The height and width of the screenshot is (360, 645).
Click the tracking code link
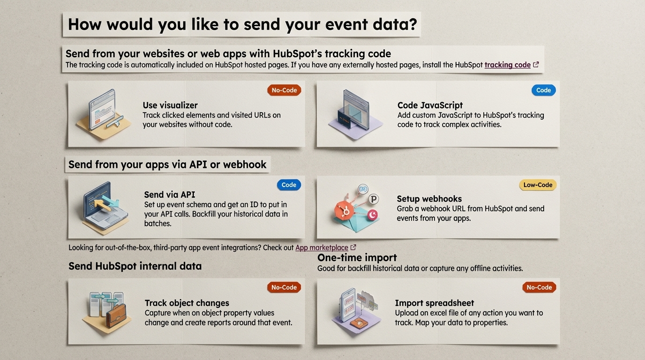tap(507, 65)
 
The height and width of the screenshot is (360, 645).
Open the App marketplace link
tap(322, 247)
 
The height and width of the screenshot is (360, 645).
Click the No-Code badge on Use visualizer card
tap(284, 90)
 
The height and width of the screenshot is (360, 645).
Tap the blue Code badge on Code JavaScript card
tap(543, 90)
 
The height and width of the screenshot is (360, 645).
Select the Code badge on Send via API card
tap(289, 185)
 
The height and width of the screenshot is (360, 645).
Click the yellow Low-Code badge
tap(538, 185)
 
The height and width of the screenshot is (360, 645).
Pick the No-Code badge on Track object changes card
tap(284, 287)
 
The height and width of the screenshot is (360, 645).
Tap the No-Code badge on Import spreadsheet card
tap(539, 287)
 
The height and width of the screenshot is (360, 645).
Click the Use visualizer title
tap(170, 105)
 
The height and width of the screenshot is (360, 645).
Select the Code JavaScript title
tap(430, 105)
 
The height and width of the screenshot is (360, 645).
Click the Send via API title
tap(170, 195)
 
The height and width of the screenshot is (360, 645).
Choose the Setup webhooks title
tap(429, 199)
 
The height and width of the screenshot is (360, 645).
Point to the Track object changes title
tap(187, 303)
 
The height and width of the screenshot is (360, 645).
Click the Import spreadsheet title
tap(435, 303)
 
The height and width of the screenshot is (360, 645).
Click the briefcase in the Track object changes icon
tap(116, 316)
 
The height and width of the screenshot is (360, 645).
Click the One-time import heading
tap(357, 257)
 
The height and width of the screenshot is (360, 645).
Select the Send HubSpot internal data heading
tap(135, 266)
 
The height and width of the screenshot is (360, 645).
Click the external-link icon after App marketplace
tap(353, 247)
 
